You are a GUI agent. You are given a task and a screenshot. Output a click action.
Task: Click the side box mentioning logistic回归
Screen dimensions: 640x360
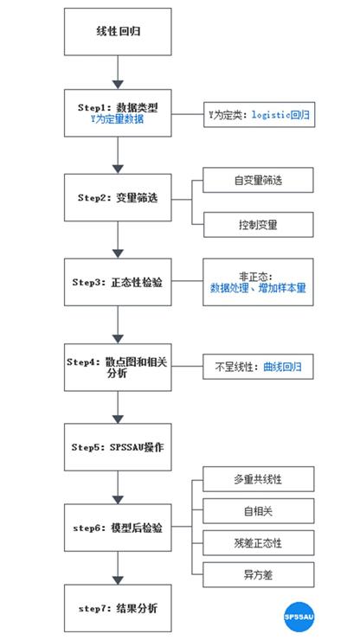pyautogui.click(x=257, y=114)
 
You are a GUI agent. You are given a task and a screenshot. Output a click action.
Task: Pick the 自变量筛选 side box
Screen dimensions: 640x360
pyautogui.click(x=257, y=180)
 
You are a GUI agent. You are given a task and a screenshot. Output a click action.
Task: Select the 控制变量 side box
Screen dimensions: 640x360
pyautogui.click(x=257, y=223)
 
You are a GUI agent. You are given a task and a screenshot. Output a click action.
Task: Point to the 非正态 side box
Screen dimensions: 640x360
pyautogui.click(x=257, y=282)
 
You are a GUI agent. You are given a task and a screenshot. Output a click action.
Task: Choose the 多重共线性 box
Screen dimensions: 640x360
pyautogui.click(x=257, y=477)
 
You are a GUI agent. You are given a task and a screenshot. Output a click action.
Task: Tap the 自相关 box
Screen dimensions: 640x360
pyautogui.click(x=257, y=510)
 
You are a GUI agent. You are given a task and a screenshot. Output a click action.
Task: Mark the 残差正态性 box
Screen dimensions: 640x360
pyautogui.click(x=257, y=542)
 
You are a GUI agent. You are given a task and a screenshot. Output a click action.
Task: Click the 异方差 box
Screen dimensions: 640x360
pyautogui.click(x=257, y=573)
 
